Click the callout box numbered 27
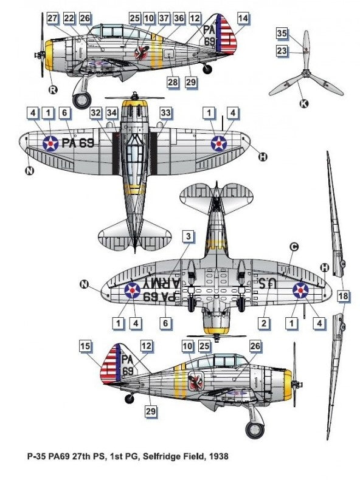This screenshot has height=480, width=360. (x=52, y=18)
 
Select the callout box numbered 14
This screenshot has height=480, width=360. (x=243, y=18)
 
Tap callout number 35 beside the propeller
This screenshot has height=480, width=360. (x=282, y=33)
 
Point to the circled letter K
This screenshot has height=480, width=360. (x=303, y=104)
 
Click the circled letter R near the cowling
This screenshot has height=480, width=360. (x=53, y=90)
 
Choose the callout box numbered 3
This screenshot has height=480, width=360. (x=188, y=236)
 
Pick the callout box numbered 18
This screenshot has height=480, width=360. (x=343, y=296)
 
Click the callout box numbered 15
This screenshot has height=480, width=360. (x=85, y=346)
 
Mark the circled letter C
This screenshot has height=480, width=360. (x=294, y=247)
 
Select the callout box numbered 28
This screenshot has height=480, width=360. (x=173, y=82)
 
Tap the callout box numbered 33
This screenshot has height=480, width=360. (x=165, y=112)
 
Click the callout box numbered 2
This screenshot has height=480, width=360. (x=264, y=323)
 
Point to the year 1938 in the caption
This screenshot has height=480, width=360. (x=219, y=456)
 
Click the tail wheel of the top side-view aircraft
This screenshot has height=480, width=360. (x=207, y=69)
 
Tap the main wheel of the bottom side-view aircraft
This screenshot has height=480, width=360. (x=255, y=430)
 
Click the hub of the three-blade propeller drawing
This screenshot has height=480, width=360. (x=305, y=74)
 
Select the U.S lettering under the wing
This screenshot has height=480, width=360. (x=268, y=283)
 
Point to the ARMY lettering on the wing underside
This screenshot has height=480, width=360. (x=162, y=283)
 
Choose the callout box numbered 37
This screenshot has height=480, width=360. (x=164, y=18)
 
